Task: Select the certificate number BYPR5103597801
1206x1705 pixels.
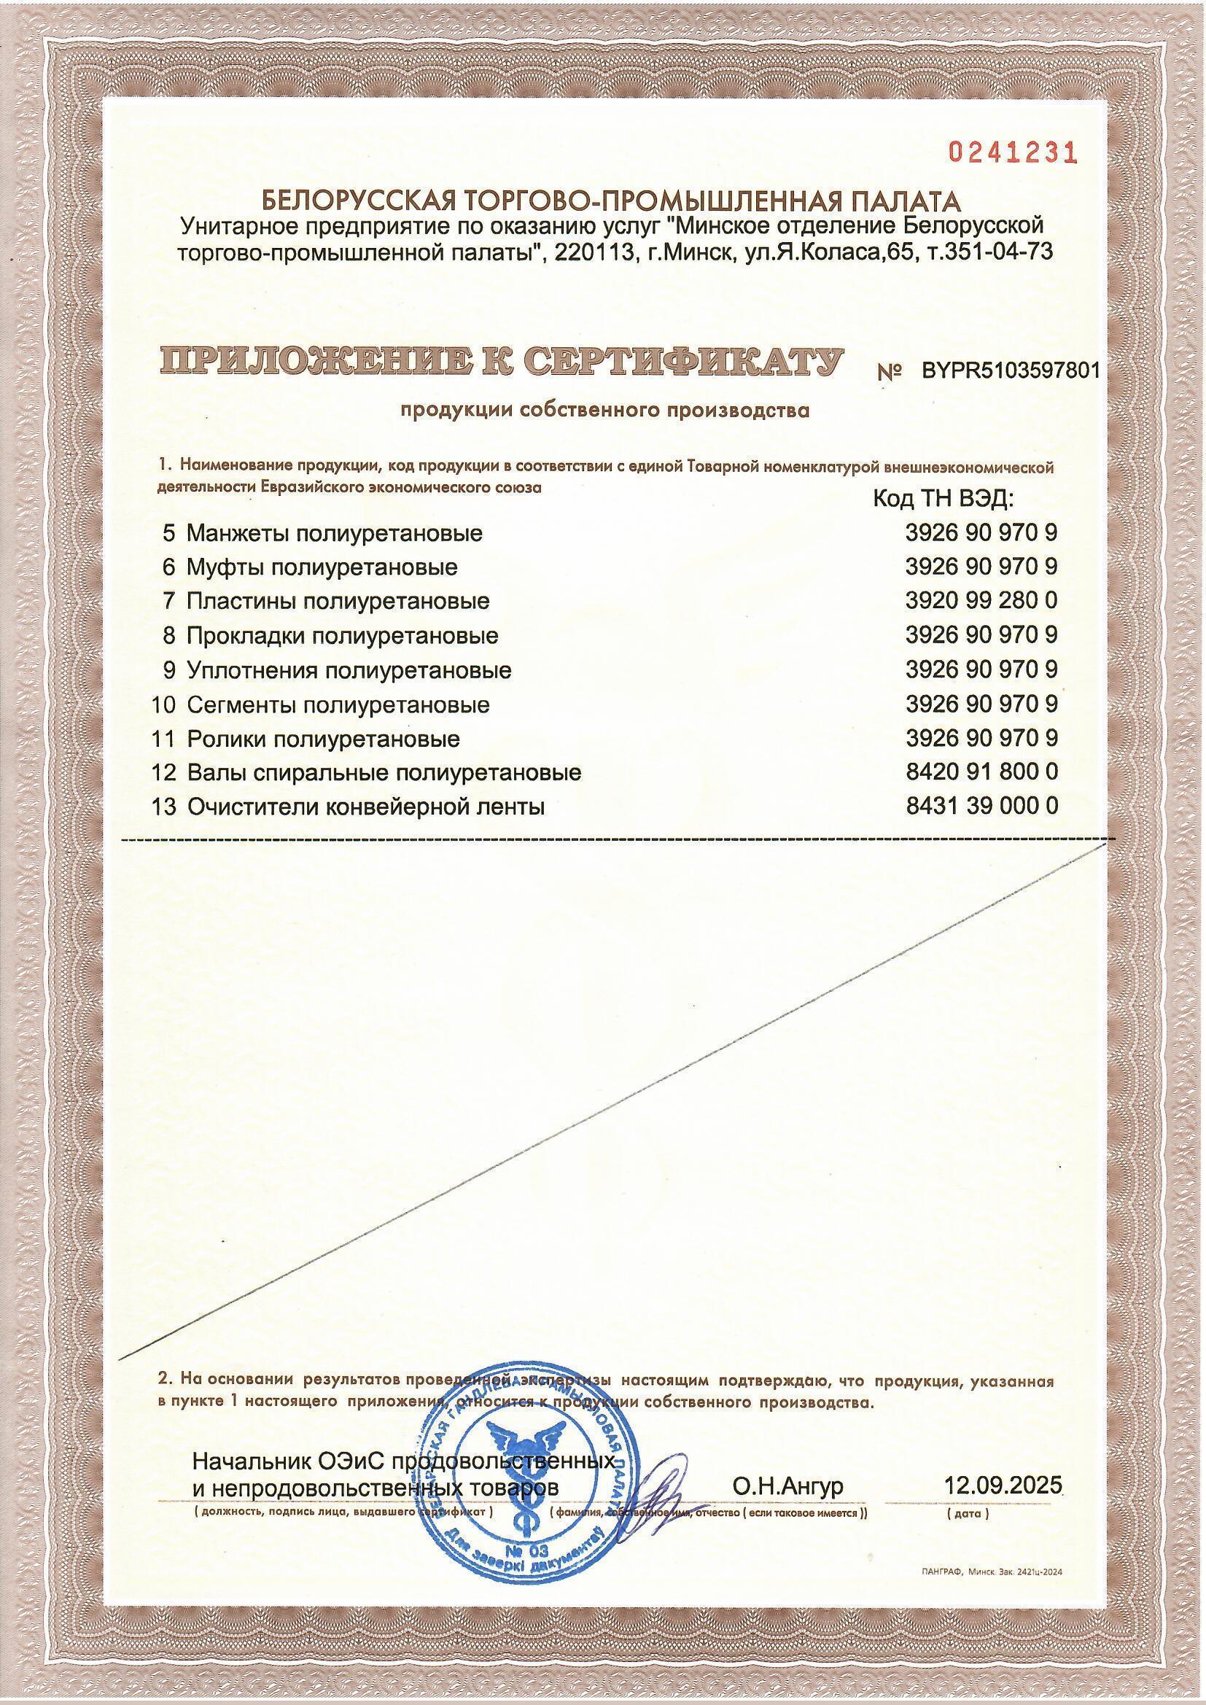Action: click(1009, 370)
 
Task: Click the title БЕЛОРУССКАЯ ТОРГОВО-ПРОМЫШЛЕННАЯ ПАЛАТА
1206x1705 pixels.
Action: click(611, 201)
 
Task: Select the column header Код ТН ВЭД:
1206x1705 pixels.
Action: click(943, 498)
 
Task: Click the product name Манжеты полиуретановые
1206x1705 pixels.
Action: click(334, 532)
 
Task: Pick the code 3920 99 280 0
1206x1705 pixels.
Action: click(981, 599)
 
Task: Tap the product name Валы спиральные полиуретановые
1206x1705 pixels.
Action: click(384, 773)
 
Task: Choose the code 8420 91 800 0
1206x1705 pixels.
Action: click(981, 772)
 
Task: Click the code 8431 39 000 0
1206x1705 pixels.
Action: click(981, 807)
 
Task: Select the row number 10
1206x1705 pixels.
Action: click(163, 704)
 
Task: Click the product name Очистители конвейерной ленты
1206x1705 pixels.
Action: click(366, 807)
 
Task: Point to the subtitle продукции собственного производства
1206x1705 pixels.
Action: click(604, 411)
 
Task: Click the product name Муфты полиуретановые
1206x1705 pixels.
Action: click(322, 567)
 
